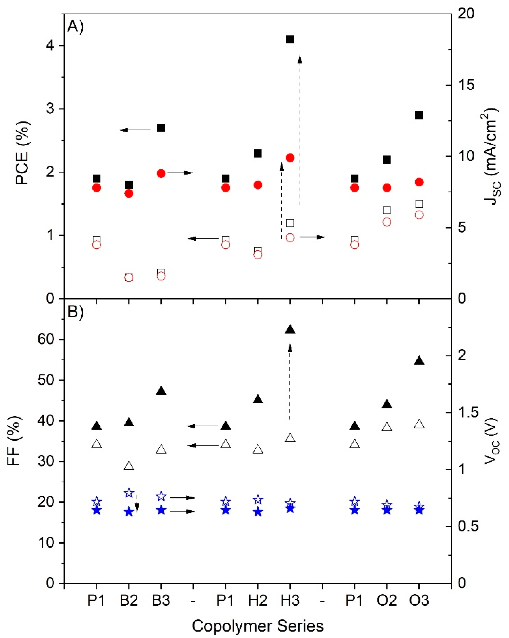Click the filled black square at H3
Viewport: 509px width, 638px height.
tap(290, 39)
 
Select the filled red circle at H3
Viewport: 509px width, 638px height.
tap(290, 158)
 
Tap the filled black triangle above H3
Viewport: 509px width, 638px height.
tap(290, 330)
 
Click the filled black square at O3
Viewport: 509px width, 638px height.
tap(419, 115)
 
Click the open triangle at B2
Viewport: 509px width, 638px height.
tap(129, 466)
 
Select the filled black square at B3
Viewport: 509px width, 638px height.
tap(161, 128)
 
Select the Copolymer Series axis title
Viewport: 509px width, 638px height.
tap(258, 626)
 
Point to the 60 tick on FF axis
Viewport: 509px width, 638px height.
tap(46, 339)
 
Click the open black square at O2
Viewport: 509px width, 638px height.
tap(387, 210)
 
